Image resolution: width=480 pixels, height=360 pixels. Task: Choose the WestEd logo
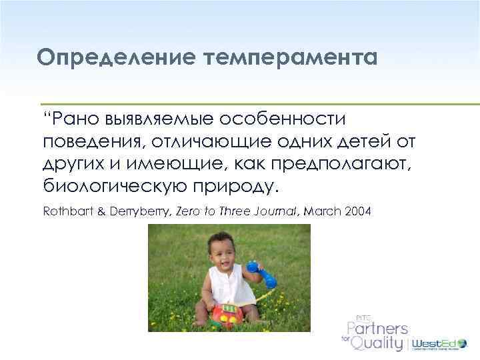coord(437,345)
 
